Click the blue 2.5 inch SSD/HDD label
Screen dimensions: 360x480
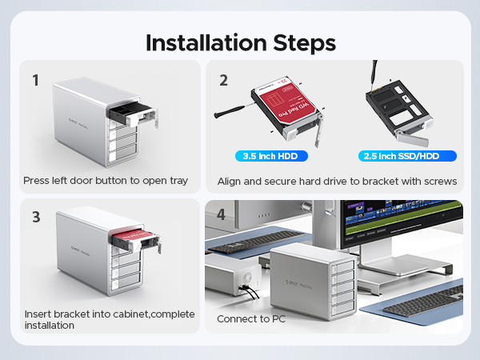point(397,156)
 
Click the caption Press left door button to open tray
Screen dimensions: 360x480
point(106,181)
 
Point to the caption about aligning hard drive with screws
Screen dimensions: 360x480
point(337,181)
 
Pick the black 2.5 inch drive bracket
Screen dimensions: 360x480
point(397,112)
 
